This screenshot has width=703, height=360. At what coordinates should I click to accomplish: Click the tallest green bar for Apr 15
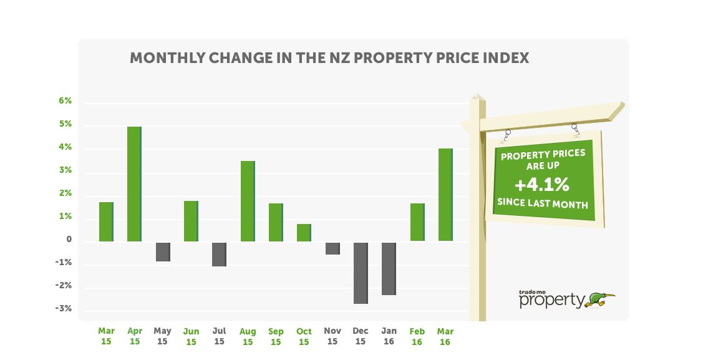point(134,184)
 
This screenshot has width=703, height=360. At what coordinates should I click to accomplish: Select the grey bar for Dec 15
point(361,273)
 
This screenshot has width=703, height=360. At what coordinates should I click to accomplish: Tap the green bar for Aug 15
point(248,201)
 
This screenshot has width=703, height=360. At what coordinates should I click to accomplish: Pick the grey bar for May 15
point(163,251)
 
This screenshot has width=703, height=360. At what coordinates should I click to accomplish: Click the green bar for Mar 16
point(445,195)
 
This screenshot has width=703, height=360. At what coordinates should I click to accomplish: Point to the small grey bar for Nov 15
point(332,248)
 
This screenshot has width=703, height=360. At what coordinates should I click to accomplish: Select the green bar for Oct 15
point(304,232)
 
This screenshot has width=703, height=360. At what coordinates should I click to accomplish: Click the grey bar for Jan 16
point(389,268)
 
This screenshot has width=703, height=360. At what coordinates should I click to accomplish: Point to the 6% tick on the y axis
point(66,101)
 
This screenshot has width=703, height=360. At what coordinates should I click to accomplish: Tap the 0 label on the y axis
point(69,240)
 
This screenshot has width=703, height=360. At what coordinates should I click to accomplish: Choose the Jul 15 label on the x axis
point(219,337)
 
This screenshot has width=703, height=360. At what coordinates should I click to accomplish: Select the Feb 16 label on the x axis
point(417,337)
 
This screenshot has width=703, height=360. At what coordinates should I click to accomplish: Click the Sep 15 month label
point(276,337)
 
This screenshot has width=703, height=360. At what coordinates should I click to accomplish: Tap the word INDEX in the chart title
point(506,58)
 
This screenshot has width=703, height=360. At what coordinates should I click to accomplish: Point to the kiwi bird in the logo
point(600,299)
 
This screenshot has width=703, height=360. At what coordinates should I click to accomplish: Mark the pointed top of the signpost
point(477,97)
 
